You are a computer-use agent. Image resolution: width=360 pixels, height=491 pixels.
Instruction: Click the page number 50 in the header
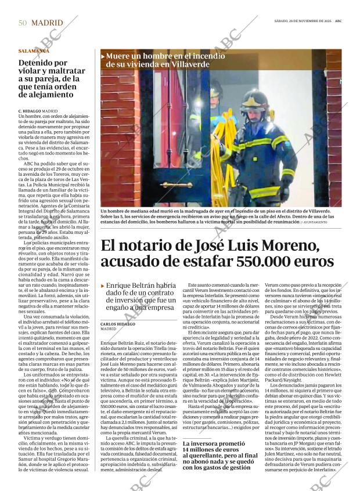23,23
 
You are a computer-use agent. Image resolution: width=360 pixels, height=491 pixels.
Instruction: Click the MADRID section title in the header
47,23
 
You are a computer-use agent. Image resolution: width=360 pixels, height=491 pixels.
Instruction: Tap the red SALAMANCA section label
34,51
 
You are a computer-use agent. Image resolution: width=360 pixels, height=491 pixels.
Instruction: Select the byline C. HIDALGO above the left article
28,110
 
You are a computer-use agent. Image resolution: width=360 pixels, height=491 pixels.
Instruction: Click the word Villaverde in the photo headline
191,64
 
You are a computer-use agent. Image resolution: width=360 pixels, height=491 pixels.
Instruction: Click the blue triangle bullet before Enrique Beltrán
103,286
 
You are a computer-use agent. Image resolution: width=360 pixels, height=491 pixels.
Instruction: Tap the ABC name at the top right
336,22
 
